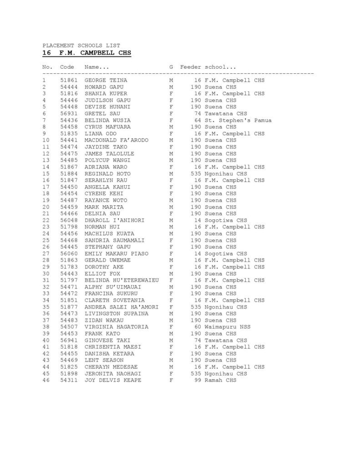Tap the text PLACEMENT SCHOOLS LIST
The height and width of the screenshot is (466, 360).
point(81,46)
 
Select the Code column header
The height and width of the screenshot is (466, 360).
point(67,67)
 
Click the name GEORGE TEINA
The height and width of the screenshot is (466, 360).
point(106,81)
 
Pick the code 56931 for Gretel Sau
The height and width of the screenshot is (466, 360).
point(69,114)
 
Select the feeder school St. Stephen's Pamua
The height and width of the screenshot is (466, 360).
point(238,120)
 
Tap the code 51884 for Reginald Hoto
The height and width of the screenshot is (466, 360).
point(69,173)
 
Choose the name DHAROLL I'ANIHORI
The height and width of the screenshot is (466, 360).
point(115,220)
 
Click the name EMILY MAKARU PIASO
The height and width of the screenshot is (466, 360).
point(117,253)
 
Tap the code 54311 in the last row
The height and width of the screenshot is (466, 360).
point(69,380)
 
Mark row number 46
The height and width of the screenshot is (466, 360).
point(46,380)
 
